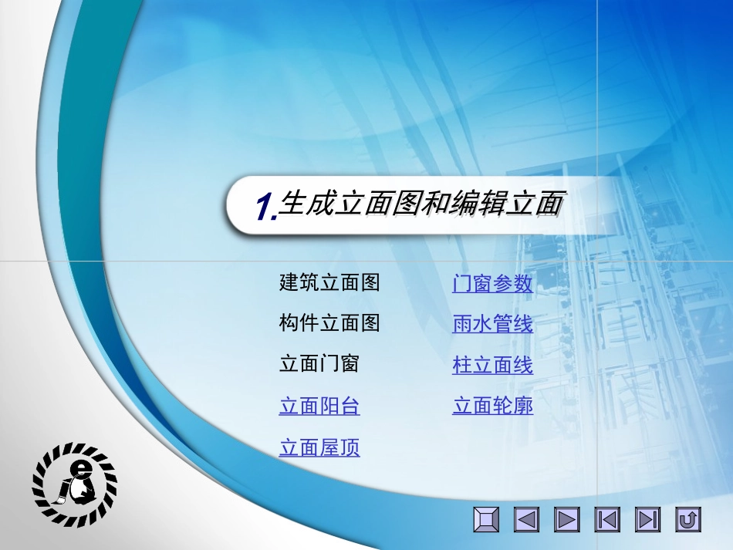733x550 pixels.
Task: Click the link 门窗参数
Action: click(492, 284)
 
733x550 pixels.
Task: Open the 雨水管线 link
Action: click(492, 325)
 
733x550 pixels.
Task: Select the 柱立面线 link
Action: click(492, 366)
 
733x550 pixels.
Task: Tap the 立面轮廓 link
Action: click(492, 406)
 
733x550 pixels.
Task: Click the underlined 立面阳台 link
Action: click(319, 407)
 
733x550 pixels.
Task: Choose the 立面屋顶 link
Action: click(319, 448)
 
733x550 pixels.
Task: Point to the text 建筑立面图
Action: click(329, 283)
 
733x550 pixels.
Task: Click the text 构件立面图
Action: click(329, 324)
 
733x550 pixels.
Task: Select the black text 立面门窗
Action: click(319, 364)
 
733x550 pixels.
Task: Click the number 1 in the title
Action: click(265, 208)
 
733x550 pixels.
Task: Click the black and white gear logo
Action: click(75, 484)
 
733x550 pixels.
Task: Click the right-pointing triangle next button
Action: click(567, 520)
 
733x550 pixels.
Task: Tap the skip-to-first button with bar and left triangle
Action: click(607, 520)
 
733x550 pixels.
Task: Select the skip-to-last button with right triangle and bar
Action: click(647, 520)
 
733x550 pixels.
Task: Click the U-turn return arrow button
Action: click(687, 520)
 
